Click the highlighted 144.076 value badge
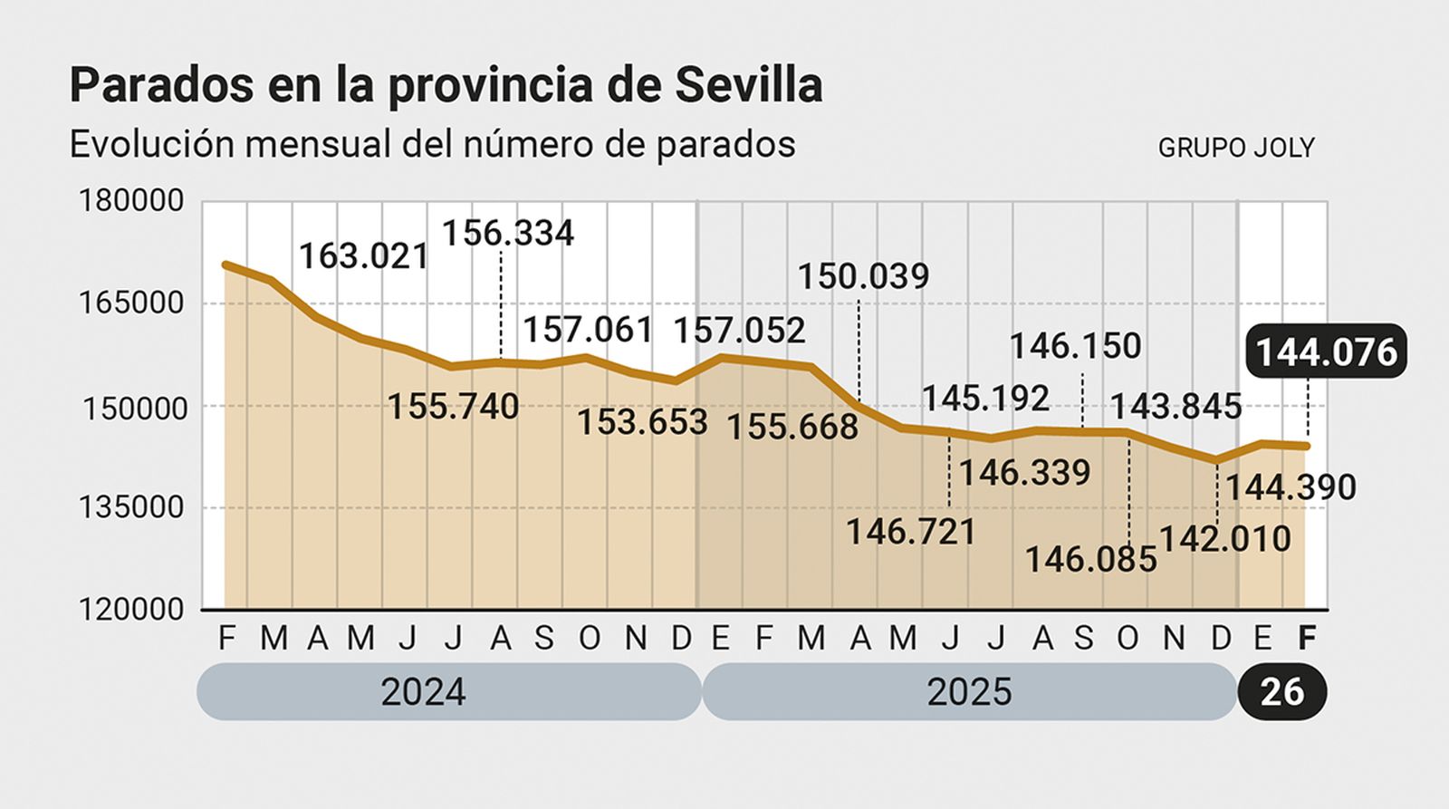click(1327, 352)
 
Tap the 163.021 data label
click(363, 255)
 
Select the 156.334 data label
click(507, 233)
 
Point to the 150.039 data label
click(863, 276)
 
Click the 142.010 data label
click(1225, 539)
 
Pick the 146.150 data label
click(1075, 346)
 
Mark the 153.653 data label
click(642, 421)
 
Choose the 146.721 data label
click(911, 532)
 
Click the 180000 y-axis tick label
click(132, 200)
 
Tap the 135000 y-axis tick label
click(132, 507)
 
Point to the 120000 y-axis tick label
click(132, 610)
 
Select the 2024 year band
click(448, 692)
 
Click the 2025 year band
click(969, 692)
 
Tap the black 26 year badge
click(1282, 692)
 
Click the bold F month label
click(1306, 639)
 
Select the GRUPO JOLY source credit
click(1235, 148)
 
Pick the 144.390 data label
click(1291, 487)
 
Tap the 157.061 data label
click(588, 330)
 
